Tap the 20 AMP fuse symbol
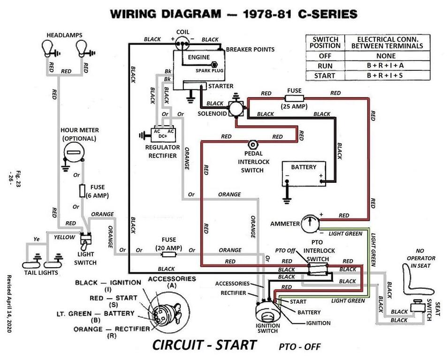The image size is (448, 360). coord(168,254)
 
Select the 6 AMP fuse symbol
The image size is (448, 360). coord(82,191)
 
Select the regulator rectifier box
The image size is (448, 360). coord(163,134)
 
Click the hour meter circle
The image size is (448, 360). coord(73,152)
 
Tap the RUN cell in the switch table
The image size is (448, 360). coord(325,65)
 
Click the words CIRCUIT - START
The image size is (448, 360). coord(204,345)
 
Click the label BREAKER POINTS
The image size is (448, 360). coord(250,49)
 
